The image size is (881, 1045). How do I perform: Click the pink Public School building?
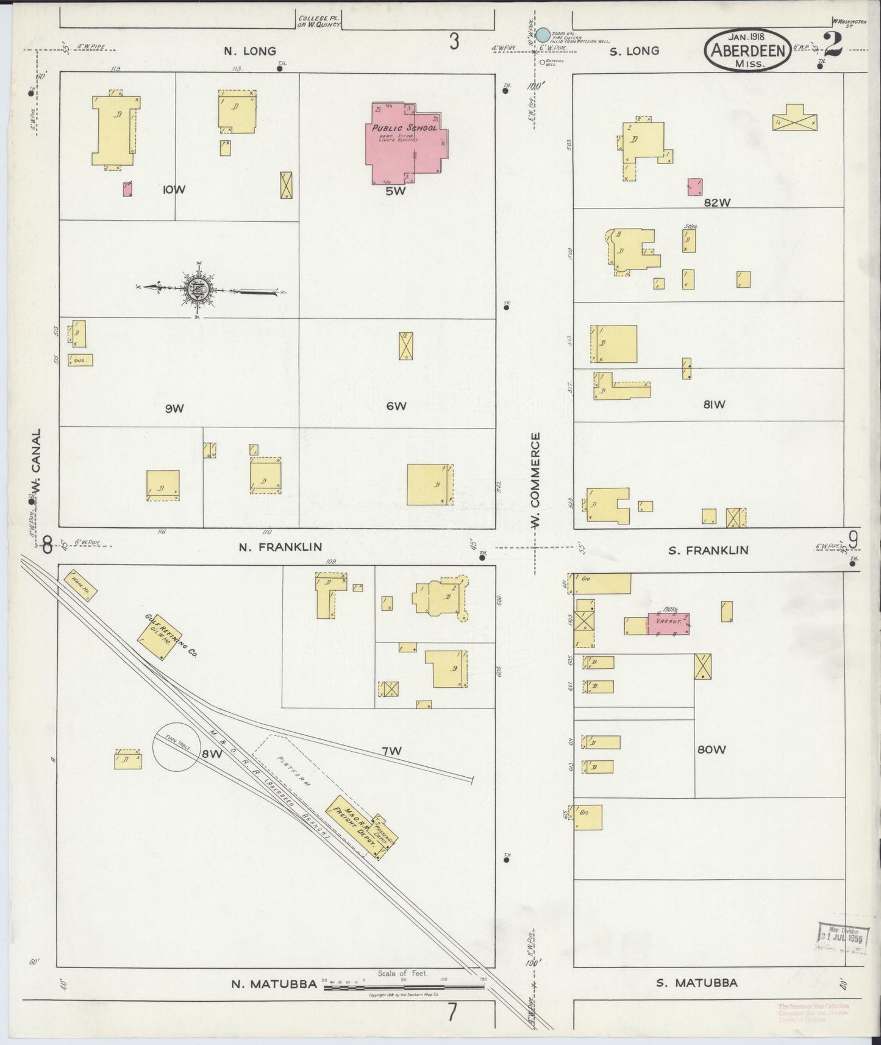coord(404,144)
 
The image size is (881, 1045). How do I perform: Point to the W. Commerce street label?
coord(535,469)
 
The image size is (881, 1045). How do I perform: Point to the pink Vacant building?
coord(668,624)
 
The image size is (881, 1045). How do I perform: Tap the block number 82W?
coord(716,202)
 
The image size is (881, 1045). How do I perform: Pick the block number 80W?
coord(712,749)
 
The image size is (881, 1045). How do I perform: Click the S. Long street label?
coord(635,51)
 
